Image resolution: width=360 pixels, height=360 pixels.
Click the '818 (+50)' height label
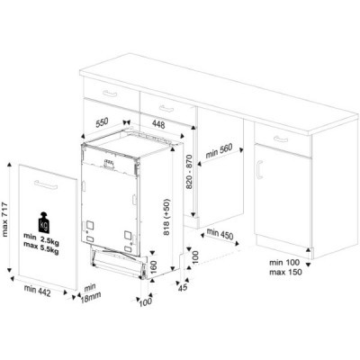[164, 219]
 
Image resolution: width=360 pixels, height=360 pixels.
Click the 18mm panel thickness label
[90, 294]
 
